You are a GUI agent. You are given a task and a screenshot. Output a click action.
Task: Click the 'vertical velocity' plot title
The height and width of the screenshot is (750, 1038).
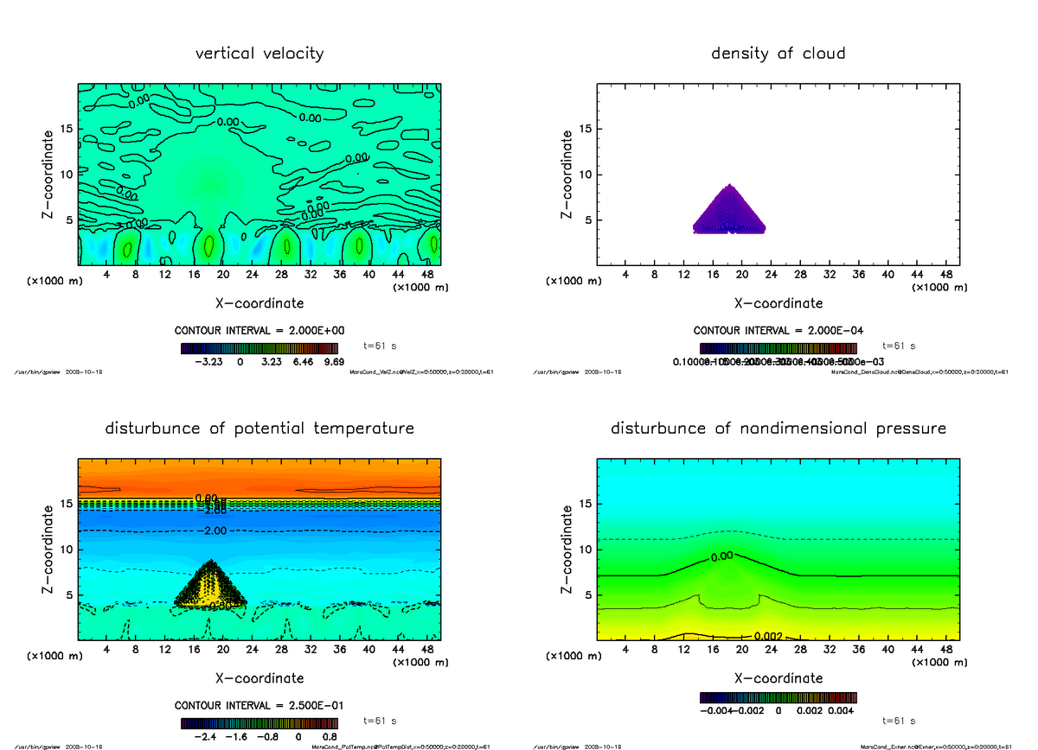259,54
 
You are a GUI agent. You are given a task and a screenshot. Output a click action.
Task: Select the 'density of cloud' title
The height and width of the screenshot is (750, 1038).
778,54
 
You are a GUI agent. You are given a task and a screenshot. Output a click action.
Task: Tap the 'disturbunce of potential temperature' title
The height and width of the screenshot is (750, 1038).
259,429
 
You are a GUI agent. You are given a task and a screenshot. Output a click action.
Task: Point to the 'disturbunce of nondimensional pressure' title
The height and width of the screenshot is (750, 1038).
778,429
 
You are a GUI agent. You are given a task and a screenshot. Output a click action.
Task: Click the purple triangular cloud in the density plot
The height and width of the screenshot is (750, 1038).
730,212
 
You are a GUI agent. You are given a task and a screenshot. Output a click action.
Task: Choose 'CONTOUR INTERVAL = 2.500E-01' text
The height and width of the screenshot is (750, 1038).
260,705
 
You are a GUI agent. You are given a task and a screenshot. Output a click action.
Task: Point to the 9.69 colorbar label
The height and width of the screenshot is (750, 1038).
332,361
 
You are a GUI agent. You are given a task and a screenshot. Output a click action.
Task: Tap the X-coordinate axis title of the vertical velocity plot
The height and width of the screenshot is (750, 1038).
259,303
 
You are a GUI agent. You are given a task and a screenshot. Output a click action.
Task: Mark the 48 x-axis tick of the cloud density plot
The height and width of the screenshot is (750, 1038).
945,275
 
